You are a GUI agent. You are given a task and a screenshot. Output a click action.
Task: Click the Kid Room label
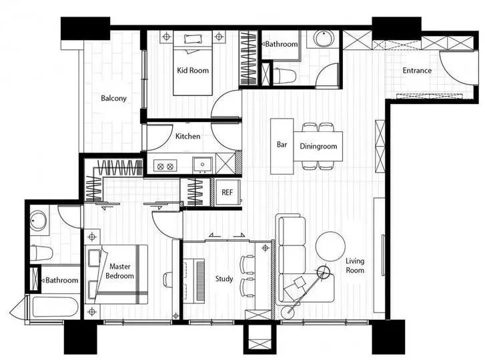pyautogui.click(x=193, y=71)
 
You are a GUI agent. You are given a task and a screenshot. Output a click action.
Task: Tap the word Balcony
pyautogui.click(x=114, y=98)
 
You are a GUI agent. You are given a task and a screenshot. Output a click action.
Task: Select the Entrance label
pyautogui.click(x=417, y=71)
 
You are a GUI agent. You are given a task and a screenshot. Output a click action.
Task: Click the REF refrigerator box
pyautogui.click(x=227, y=192)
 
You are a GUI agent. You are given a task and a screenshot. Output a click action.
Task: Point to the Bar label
pyautogui.click(x=282, y=144)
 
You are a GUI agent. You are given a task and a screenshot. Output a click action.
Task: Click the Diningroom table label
pyautogui.click(x=318, y=146)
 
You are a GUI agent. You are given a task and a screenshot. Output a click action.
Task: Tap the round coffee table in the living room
pyautogui.click(x=330, y=246)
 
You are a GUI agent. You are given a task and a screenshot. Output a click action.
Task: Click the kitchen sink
pyautogui.click(x=203, y=165)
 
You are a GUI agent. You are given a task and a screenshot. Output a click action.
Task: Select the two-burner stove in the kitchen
pyautogui.click(x=165, y=167)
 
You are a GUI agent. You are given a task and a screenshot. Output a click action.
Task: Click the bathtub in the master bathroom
pyautogui.click(x=55, y=307)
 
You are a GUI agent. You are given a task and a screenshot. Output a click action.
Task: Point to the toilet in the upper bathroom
pyautogui.click(x=285, y=76)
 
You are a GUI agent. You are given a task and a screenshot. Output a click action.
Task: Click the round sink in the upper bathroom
pyautogui.click(x=324, y=39)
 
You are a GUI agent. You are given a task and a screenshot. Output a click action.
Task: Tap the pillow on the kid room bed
pyautogui.click(x=193, y=39)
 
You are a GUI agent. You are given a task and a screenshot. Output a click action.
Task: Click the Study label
pyautogui.click(x=224, y=279)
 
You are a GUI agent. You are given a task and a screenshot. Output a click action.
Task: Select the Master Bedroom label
pyautogui.click(x=119, y=271)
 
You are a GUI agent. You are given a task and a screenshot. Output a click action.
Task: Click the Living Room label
pyautogui.click(x=355, y=266)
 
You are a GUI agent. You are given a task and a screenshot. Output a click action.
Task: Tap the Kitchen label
pyautogui.click(x=187, y=136)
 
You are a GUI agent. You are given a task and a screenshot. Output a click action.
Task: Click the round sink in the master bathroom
pyautogui.click(x=38, y=221)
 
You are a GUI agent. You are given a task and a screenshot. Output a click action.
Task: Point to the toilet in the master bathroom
pyautogui.click(x=41, y=253)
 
